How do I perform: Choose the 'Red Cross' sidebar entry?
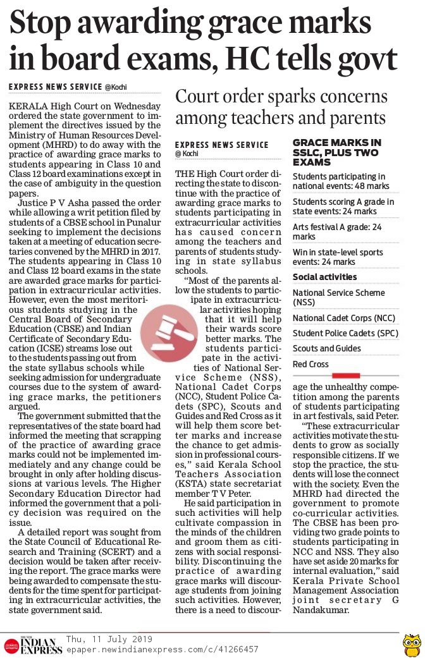tap(311, 365)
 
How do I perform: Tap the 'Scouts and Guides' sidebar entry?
tap(326, 349)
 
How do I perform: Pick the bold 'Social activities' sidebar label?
tap(324, 277)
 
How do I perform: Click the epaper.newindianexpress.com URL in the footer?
tap(162, 649)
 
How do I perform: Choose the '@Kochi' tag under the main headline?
tap(116, 86)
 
